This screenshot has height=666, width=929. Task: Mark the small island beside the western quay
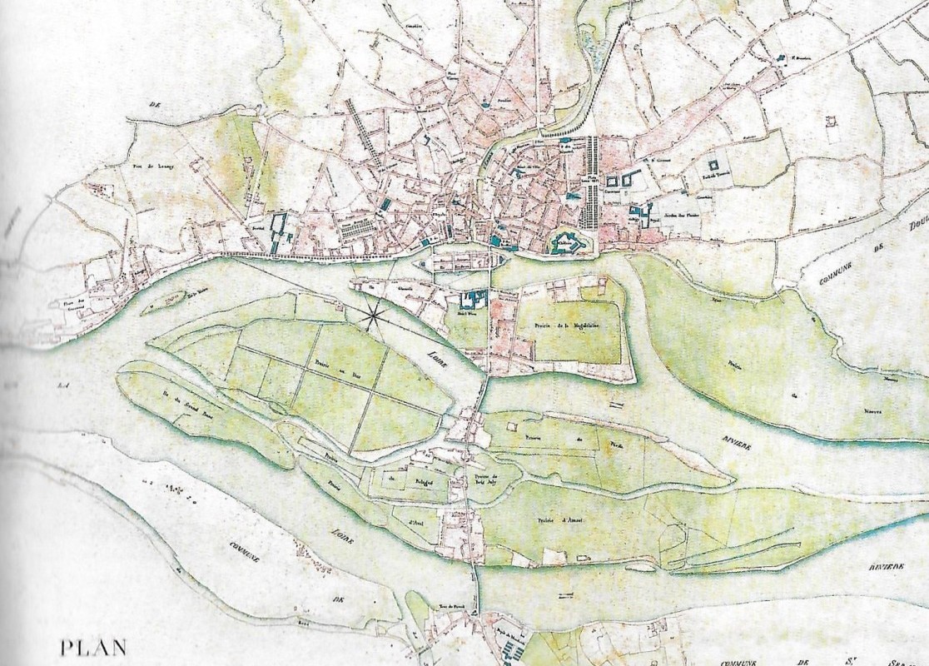pyautogui.click(x=162, y=304)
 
